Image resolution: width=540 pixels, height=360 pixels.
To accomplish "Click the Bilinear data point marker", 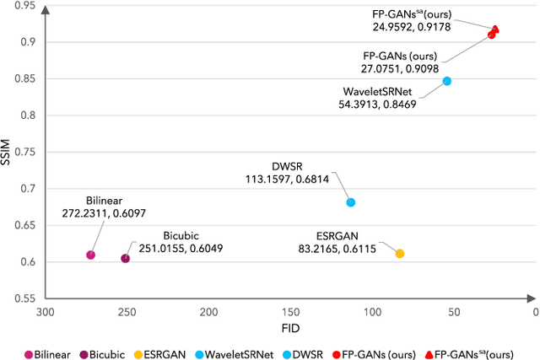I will coord(90,255).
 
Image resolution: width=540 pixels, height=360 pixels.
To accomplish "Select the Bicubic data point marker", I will coord(126,258).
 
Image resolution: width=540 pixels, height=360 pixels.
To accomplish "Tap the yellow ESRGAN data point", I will coord(400,254).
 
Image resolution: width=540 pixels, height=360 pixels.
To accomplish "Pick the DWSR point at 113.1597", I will coord(351,202).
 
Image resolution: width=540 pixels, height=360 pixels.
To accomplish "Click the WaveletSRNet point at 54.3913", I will coord(447,81).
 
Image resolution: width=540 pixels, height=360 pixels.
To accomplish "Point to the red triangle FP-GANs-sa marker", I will coord(495,29).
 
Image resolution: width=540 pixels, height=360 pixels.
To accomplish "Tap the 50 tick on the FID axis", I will coord(454,311).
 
